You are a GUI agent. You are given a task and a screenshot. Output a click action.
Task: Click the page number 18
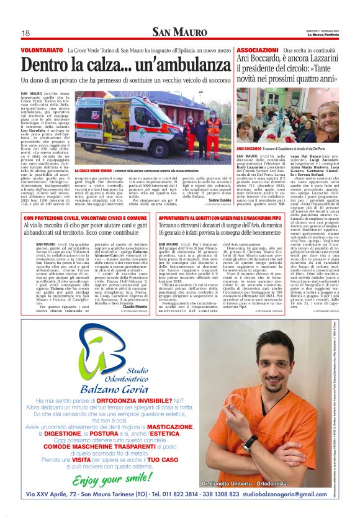coord(26,33)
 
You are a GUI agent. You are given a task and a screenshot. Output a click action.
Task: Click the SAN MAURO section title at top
coord(179,32)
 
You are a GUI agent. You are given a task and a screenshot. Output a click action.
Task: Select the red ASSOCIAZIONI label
coord(257,49)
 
